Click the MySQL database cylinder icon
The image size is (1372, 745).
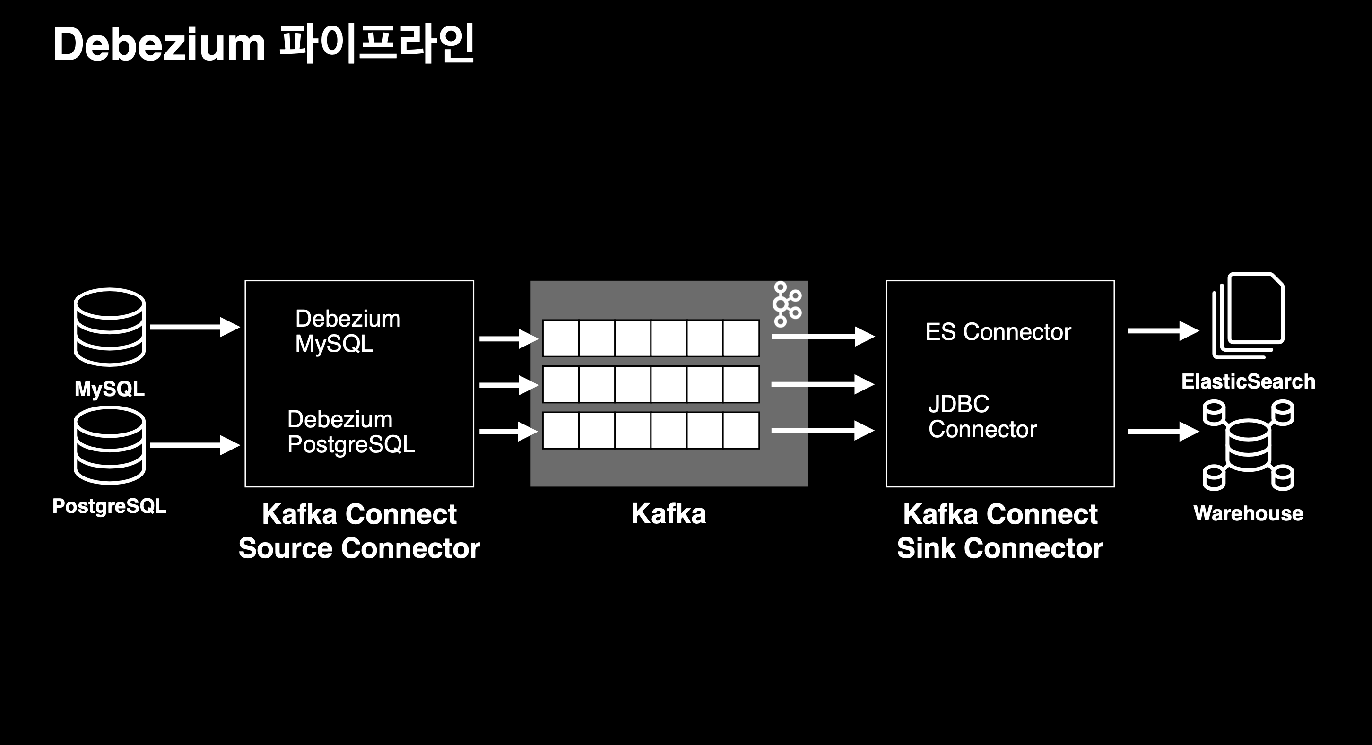pos(110,327)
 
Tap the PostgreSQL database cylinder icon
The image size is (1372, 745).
pos(110,445)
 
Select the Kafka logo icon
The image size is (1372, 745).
pos(786,304)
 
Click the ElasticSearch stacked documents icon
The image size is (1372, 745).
pos(1249,316)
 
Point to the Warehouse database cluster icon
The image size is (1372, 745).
pos(1249,445)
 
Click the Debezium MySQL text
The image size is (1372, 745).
pos(348,331)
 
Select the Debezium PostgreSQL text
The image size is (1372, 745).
pos(351,432)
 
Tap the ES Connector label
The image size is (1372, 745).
pos(998,332)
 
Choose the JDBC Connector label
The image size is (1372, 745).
pos(982,417)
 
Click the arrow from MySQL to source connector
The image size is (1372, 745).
pos(194,327)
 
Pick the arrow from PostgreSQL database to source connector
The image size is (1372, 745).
pos(194,445)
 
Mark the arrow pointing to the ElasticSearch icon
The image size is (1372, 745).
pos(1162,331)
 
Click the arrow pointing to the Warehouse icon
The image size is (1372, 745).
pos(1162,431)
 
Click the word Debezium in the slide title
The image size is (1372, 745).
pos(159,45)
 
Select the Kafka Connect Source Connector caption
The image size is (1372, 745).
pos(359,531)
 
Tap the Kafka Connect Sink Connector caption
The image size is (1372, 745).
pos(1000,531)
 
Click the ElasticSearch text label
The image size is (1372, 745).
pos(1248,381)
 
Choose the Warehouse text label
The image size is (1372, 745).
pos(1248,513)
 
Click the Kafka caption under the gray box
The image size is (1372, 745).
pos(669,514)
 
